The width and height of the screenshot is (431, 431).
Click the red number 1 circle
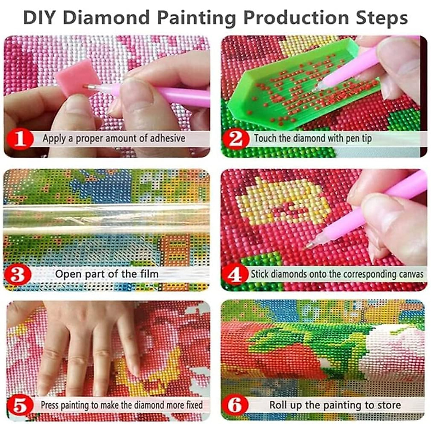pyautogui.click(x=19, y=139)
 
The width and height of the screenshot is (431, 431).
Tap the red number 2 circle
pyautogui.click(x=236, y=139)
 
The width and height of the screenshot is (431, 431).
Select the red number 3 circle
pyautogui.click(x=18, y=275)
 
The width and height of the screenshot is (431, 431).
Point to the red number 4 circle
pyautogui.click(x=235, y=275)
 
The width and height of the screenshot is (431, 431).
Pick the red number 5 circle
pyautogui.click(x=20, y=405)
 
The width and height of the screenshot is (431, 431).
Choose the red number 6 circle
pyautogui.click(x=236, y=405)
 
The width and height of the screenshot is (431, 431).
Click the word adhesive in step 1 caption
pyautogui.click(x=167, y=138)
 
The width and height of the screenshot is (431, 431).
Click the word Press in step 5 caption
pyautogui.click(x=50, y=405)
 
